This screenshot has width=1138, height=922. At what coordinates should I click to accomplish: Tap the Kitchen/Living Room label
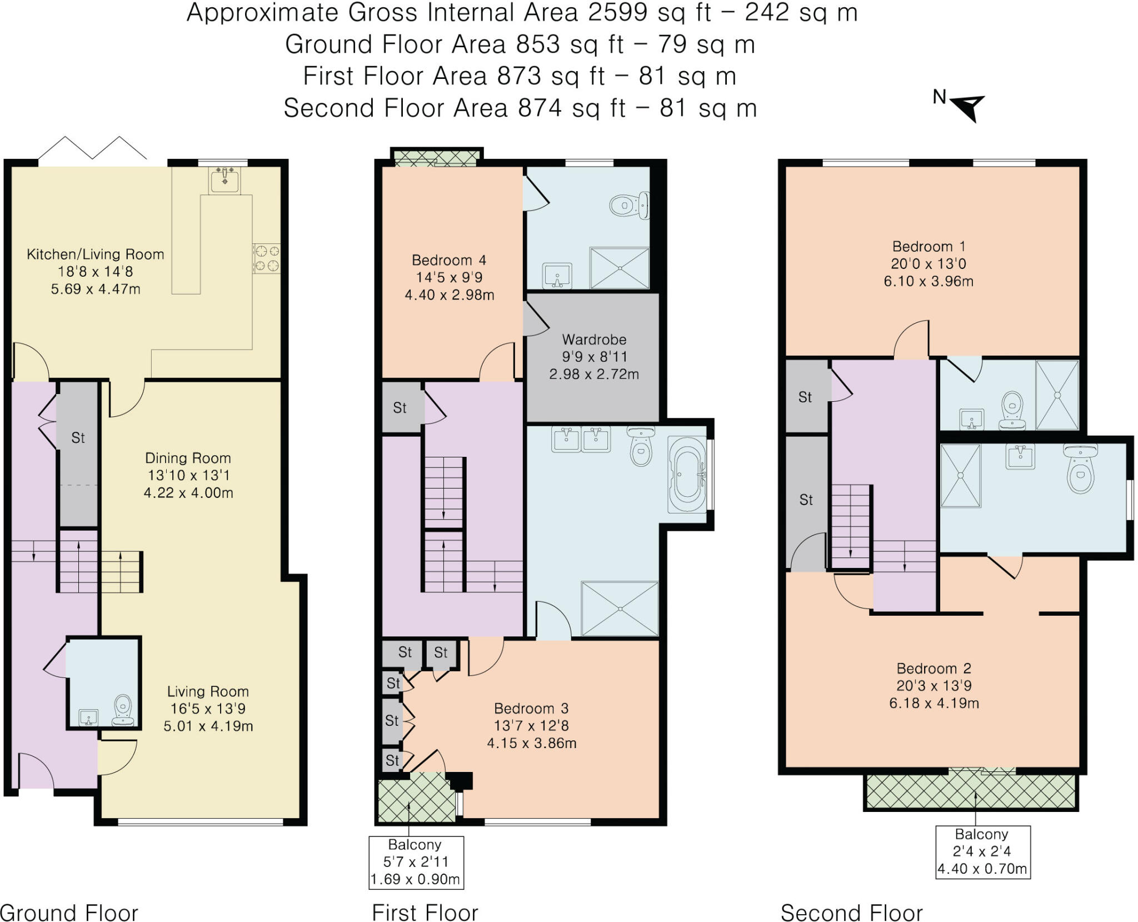96,255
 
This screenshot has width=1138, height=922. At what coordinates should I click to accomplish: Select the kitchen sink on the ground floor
224,181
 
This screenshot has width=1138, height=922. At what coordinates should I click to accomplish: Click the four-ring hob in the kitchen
267,258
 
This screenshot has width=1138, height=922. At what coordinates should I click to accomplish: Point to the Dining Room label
188,458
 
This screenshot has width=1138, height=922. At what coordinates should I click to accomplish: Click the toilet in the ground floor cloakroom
123,711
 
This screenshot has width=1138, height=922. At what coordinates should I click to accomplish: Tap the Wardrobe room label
594,340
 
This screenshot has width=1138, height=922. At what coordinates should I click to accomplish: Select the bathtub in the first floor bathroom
687,475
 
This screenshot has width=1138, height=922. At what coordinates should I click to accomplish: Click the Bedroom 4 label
449,260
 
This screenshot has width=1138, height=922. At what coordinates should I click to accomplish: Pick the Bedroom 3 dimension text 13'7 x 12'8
531,726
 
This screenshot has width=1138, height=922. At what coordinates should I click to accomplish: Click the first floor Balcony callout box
416,862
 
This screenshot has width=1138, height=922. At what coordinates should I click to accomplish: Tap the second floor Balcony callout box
983,851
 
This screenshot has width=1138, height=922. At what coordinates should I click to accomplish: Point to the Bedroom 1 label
929,246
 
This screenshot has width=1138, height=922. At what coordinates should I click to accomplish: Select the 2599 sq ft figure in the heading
650,13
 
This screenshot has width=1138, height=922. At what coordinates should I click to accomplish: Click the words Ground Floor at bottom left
69,913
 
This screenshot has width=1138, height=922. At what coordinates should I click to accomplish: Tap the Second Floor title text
852,913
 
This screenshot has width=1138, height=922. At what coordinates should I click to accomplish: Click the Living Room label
208,691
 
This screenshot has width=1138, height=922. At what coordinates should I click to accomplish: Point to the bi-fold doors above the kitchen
92,148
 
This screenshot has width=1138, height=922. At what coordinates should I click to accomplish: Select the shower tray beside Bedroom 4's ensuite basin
620,268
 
